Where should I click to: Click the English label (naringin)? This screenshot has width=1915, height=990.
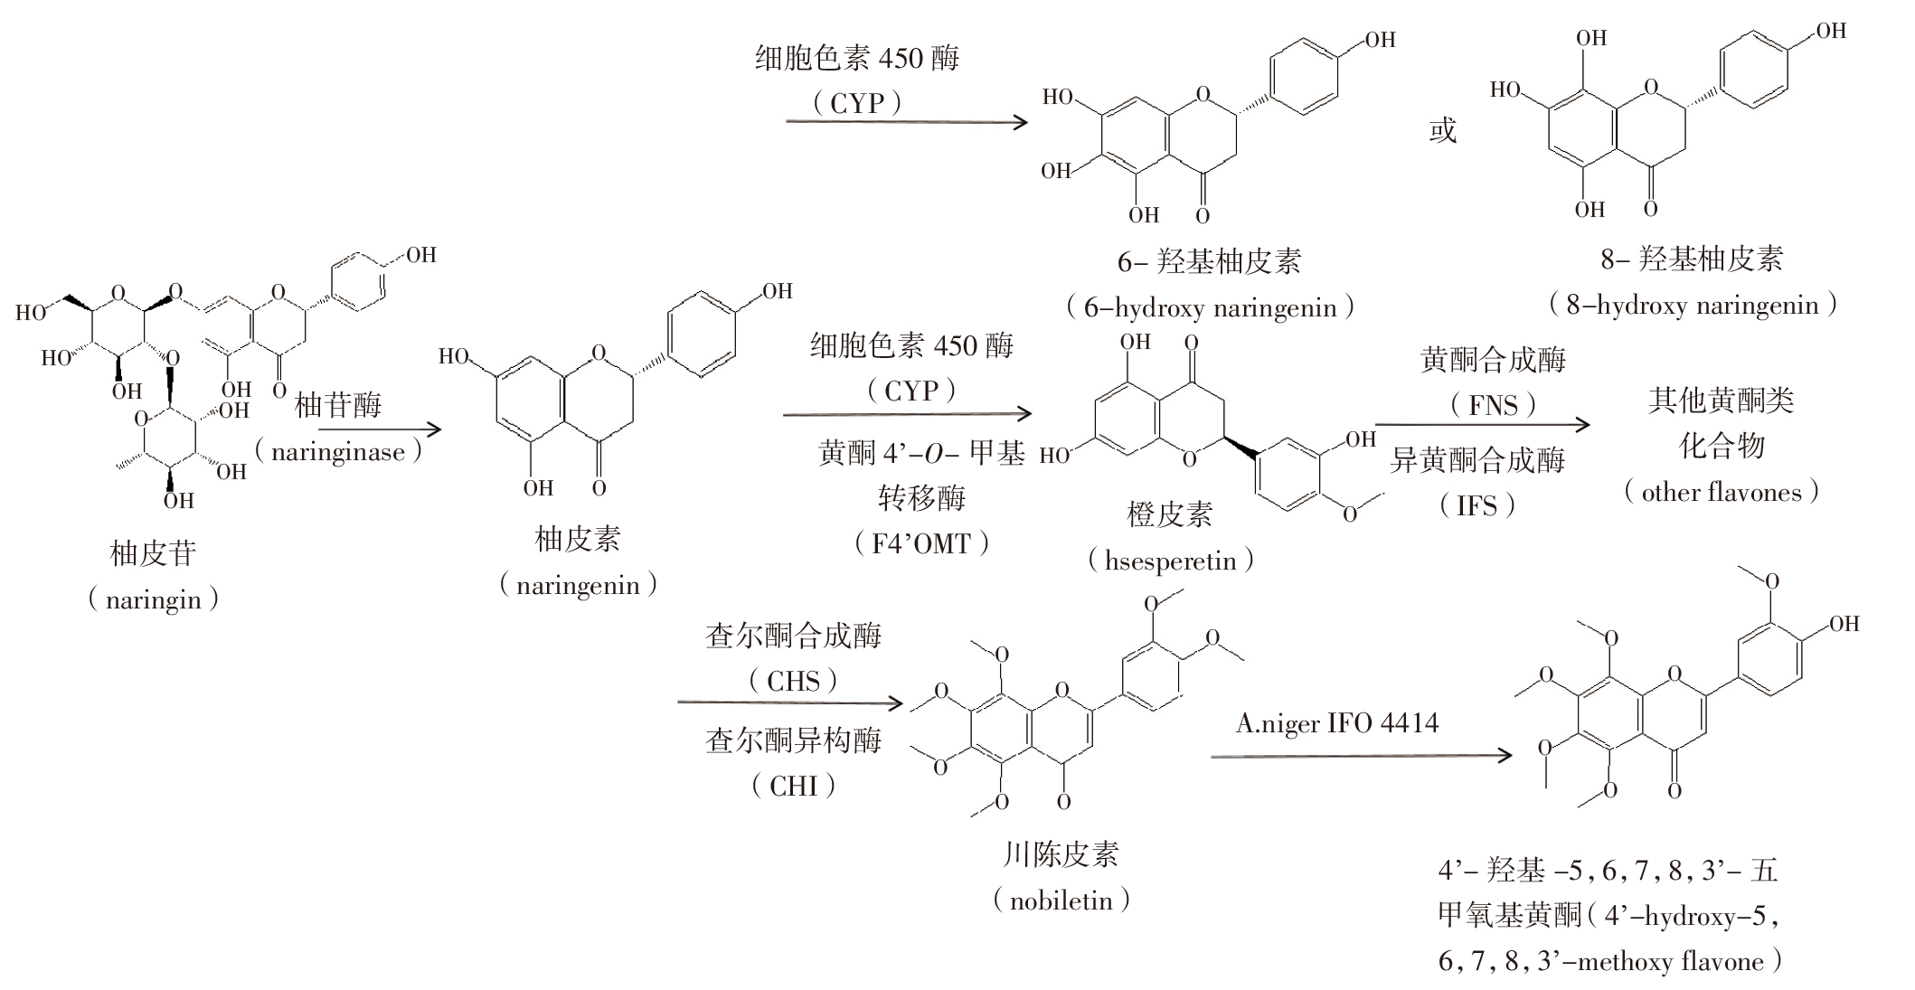pyautogui.click(x=153, y=599)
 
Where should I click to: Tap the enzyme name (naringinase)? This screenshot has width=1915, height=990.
pyautogui.click(x=338, y=451)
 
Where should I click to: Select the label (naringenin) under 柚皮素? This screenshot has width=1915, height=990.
pyautogui.click(x=578, y=585)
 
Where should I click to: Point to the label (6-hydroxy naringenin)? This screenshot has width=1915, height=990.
pyautogui.click(x=1210, y=307)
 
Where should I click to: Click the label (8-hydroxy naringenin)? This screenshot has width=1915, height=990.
pyautogui.click(x=1692, y=305)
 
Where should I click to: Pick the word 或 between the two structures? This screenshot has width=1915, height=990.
pyautogui.click(x=1443, y=131)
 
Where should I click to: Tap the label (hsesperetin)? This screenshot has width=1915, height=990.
pyautogui.click(x=1170, y=561)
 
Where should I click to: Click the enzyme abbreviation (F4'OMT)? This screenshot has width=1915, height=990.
pyautogui.click(x=920, y=543)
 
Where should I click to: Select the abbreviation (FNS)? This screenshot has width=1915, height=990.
pyautogui.click(x=1493, y=404)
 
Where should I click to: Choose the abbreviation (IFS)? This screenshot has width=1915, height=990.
pyautogui.click(x=1476, y=505)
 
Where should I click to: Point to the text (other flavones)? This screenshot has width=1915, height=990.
pyautogui.click(x=1721, y=493)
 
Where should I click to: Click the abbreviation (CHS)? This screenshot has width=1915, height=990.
pyautogui.click(x=793, y=681)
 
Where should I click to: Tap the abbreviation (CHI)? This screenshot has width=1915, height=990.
pyautogui.click(x=793, y=786)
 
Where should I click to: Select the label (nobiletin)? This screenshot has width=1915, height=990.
pyautogui.click(x=1061, y=900)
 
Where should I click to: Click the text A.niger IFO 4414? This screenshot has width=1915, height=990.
pyautogui.click(x=1336, y=723)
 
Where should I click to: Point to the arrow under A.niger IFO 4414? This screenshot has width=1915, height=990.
pyautogui.click(x=1361, y=756)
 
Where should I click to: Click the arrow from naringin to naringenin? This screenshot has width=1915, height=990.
pyautogui.click(x=380, y=429)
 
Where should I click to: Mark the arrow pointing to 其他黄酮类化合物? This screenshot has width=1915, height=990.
pyautogui.click(x=1482, y=424)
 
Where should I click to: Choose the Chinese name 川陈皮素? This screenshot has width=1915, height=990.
pyautogui.click(x=1061, y=854)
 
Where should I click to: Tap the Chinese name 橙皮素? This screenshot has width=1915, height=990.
pyautogui.click(x=1169, y=515)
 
